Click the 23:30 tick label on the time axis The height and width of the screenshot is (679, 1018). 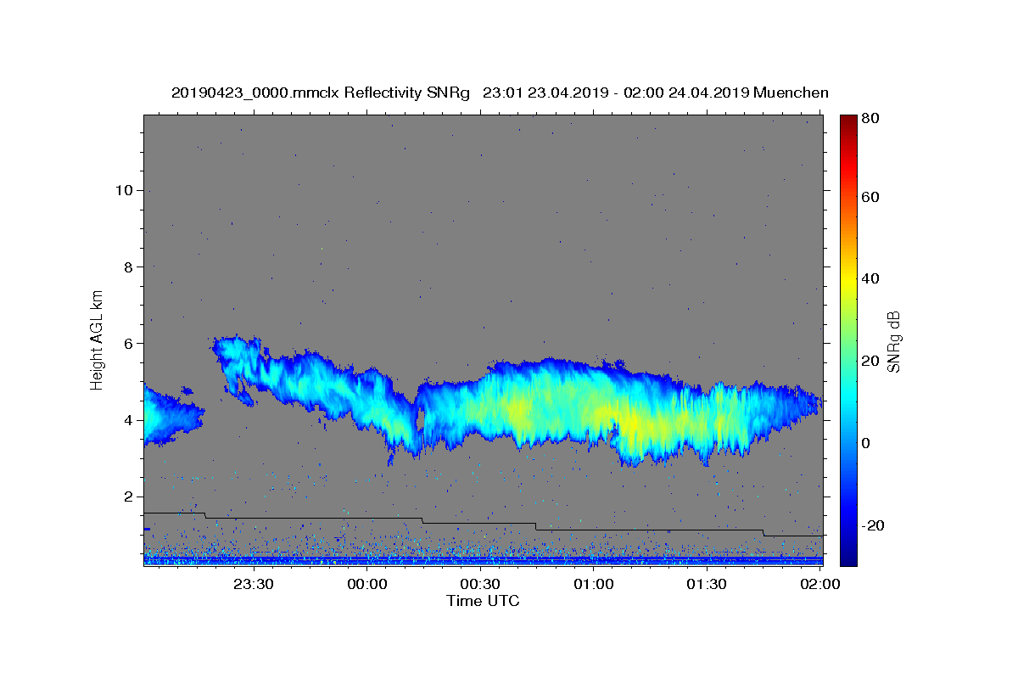pyautogui.click(x=254, y=584)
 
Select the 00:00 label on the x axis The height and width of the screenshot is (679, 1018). pyautogui.click(x=367, y=584)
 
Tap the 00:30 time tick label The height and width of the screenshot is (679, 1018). pyautogui.click(x=480, y=584)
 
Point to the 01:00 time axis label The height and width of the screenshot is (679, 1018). pyautogui.click(x=594, y=584)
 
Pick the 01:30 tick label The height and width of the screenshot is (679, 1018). pyautogui.click(x=707, y=584)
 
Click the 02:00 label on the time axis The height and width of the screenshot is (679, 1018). pyautogui.click(x=820, y=584)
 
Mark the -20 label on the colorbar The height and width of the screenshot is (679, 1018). pyautogui.click(x=873, y=525)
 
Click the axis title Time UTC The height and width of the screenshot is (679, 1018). pyautogui.click(x=483, y=601)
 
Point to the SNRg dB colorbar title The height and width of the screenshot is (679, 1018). pyautogui.click(x=893, y=341)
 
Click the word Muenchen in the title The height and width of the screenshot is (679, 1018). pyautogui.click(x=790, y=93)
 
